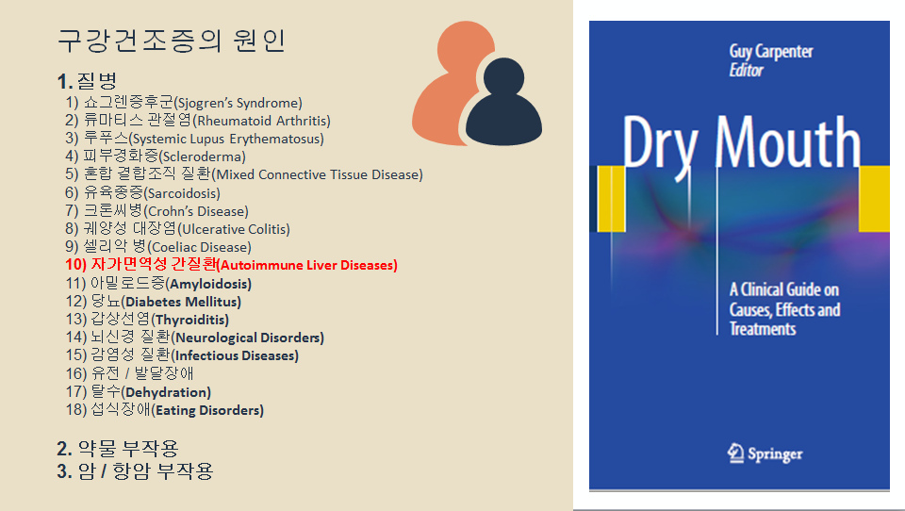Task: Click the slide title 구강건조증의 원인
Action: tap(172, 41)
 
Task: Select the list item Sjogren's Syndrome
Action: tap(184, 103)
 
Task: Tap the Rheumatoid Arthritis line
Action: tap(198, 121)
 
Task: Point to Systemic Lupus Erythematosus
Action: tap(194, 139)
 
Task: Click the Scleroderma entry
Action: tap(156, 157)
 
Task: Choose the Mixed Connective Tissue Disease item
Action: tap(244, 174)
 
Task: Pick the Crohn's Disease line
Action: tap(157, 211)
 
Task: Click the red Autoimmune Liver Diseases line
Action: tap(232, 265)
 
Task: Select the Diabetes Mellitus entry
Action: tap(154, 302)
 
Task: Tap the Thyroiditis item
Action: tap(147, 320)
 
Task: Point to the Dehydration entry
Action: tap(139, 392)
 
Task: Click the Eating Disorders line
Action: tap(165, 410)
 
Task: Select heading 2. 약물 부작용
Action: tap(117, 448)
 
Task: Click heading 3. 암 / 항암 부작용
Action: tap(135, 470)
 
